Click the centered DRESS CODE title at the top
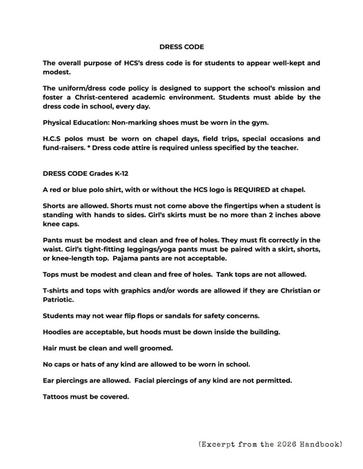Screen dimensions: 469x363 pos(181,47)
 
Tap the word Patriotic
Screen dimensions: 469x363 pos(59,300)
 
